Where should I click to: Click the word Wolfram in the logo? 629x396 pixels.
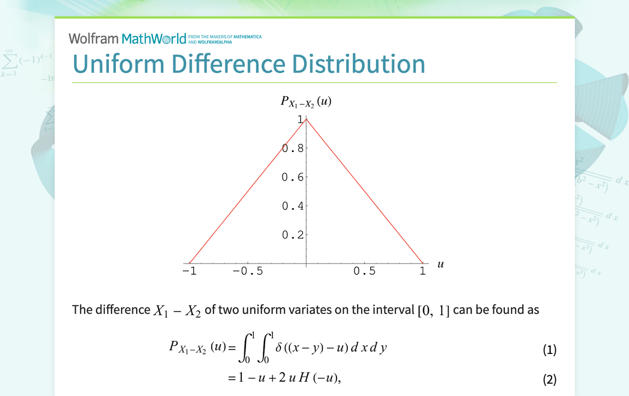point(94,38)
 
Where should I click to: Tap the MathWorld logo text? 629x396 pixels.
point(154,38)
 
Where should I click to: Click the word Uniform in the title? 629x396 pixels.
point(119,64)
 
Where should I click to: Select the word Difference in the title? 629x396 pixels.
point(228,64)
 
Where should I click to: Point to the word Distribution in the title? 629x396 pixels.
point(358,64)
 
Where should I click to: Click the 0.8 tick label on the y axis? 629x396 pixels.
point(293,148)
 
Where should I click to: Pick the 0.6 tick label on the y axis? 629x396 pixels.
point(293,177)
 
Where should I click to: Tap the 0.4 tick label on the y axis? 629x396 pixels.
point(293,206)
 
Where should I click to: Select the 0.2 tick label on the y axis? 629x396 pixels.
point(293,235)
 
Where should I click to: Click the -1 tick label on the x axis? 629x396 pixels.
point(189,271)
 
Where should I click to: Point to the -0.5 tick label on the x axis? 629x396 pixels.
point(248,271)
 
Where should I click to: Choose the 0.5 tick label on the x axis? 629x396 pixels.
point(365,271)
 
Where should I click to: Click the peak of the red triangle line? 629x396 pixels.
point(306,119)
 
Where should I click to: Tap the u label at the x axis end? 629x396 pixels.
point(440,264)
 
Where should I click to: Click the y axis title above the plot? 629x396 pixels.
point(306,102)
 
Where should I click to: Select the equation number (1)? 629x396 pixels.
point(550,350)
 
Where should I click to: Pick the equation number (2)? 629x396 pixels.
point(550,379)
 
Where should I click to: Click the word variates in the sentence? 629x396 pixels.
point(325,310)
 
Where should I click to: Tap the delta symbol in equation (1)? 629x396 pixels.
point(279,347)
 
